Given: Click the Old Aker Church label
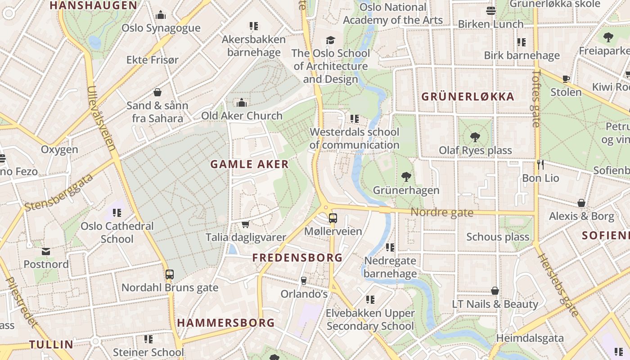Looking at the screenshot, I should pyautogui.click(x=242, y=116).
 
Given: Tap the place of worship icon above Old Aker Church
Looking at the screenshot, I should pyautogui.click(x=242, y=103).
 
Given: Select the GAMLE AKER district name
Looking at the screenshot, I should pyautogui.click(x=249, y=164).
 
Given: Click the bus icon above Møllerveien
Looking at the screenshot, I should pyautogui.click(x=333, y=218).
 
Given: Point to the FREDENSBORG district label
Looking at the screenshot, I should pyautogui.click(x=297, y=258).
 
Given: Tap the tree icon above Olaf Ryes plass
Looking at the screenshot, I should pyautogui.click(x=475, y=137).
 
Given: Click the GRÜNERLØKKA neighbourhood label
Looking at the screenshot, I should pyautogui.click(x=468, y=97).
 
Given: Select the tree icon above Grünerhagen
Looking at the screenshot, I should pyautogui.click(x=406, y=177).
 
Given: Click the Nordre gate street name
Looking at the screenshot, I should pyautogui.click(x=442, y=212).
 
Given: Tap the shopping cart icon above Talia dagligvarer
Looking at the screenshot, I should pyautogui.click(x=245, y=224).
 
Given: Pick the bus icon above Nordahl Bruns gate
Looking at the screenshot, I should pyautogui.click(x=170, y=274).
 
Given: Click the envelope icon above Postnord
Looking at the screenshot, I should pyautogui.click(x=46, y=251).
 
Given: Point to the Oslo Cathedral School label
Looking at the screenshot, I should pyautogui.click(x=117, y=232).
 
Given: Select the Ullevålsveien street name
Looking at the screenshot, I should pyautogui.click(x=102, y=118).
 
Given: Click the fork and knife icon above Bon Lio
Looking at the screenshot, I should pyautogui.click(x=540, y=165).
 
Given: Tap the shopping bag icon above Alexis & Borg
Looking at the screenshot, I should pyautogui.click(x=581, y=203).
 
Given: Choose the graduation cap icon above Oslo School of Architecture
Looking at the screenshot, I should pyautogui.click(x=331, y=40).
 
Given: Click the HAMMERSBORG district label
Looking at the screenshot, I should pyautogui.click(x=226, y=323).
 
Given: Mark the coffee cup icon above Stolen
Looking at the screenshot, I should pyautogui.click(x=566, y=79).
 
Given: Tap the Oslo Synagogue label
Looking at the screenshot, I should pyautogui.click(x=161, y=28).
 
